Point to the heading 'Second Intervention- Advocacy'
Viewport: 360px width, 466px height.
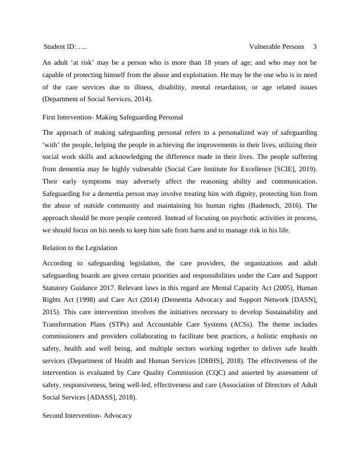tap(87, 415)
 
